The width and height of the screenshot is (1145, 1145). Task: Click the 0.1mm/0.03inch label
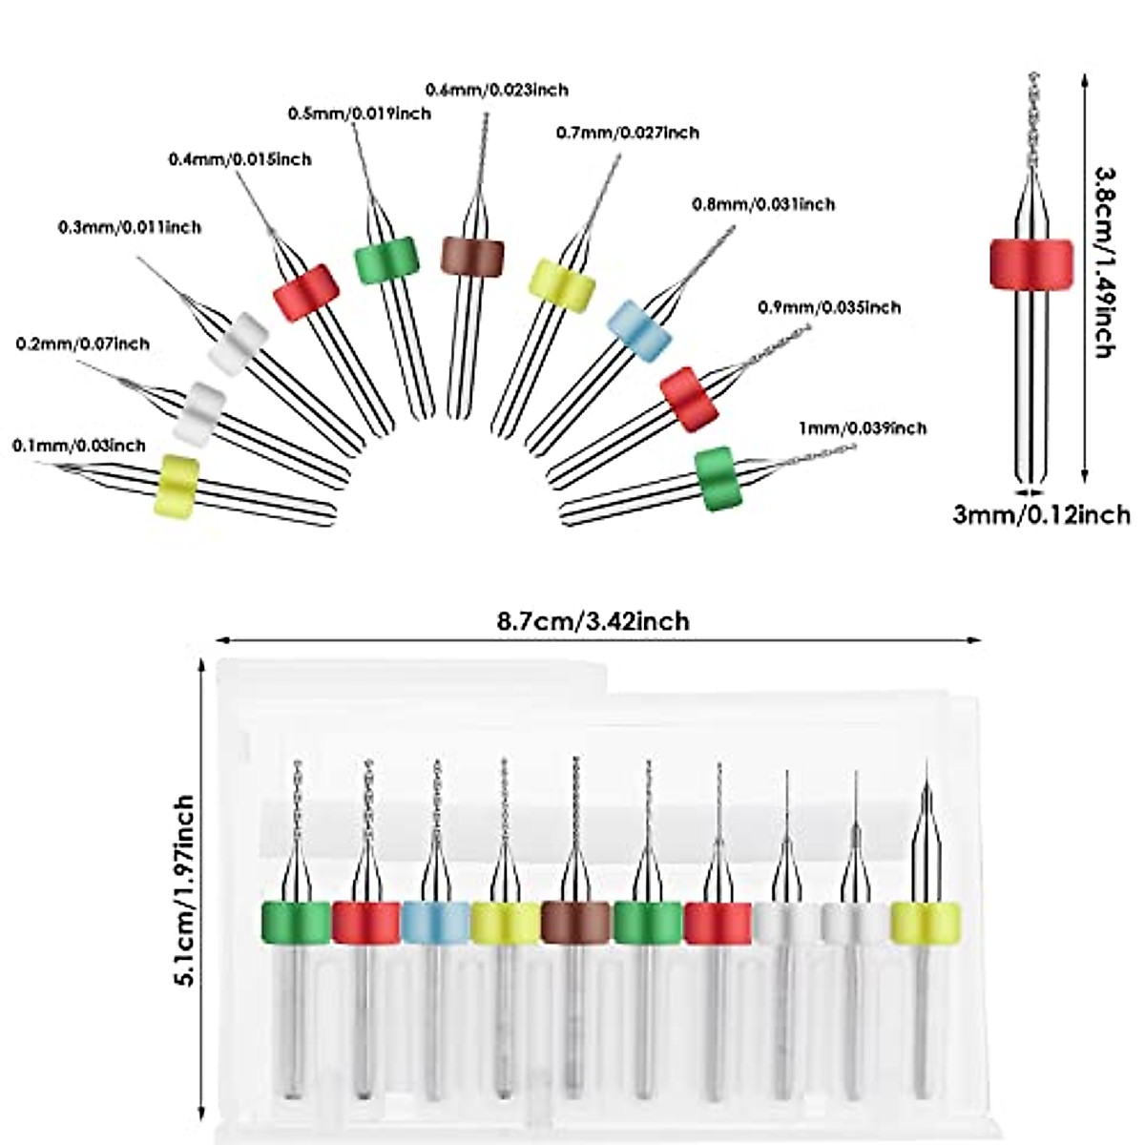[79, 446]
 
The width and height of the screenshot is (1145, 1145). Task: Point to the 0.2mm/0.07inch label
[83, 343]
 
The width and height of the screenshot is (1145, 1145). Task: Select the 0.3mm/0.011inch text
[130, 228]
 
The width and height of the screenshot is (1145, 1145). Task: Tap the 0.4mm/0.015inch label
[239, 159]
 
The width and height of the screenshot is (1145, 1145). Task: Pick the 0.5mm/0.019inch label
[360, 114]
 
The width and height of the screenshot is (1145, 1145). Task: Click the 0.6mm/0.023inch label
[496, 90]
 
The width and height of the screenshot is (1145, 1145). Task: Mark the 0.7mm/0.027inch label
[627, 133]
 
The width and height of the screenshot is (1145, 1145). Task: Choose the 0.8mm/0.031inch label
[763, 204]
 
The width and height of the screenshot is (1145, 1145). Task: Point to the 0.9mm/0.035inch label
[829, 307]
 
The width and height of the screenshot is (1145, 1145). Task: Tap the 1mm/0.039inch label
[863, 428]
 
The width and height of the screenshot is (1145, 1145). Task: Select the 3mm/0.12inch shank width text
[1042, 515]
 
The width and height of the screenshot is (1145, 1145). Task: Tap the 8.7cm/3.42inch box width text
[593, 621]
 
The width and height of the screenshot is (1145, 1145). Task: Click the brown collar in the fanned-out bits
[472, 257]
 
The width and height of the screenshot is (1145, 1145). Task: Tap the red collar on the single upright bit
[1030, 261]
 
